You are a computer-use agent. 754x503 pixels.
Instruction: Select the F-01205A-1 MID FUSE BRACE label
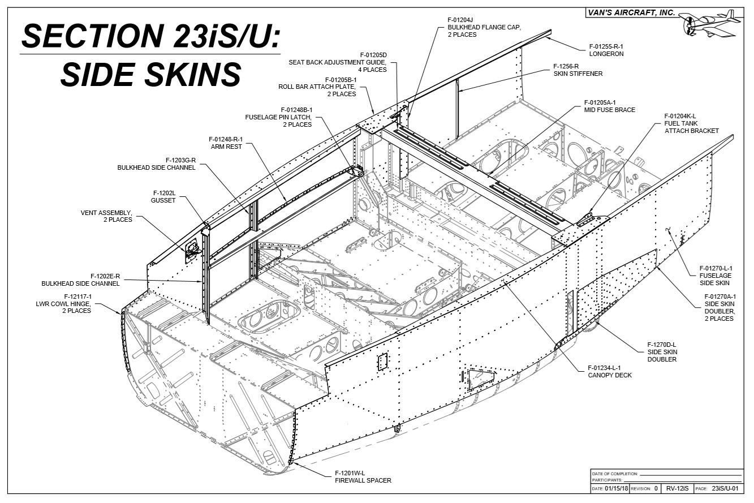coord(609,106)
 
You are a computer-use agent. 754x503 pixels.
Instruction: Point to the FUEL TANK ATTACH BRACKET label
coord(691,127)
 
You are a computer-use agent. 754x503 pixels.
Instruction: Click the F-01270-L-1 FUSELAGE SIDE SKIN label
coord(716,275)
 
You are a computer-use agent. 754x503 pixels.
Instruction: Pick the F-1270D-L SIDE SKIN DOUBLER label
coord(662,351)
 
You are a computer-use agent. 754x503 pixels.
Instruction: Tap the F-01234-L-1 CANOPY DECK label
coord(609,371)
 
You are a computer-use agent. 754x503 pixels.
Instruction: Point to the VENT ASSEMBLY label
coord(106,216)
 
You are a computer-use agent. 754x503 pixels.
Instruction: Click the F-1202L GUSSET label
coord(163,196)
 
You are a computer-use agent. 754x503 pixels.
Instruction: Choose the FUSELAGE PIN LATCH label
coord(278,117)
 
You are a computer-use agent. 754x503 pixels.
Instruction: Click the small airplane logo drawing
coord(712,23)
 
